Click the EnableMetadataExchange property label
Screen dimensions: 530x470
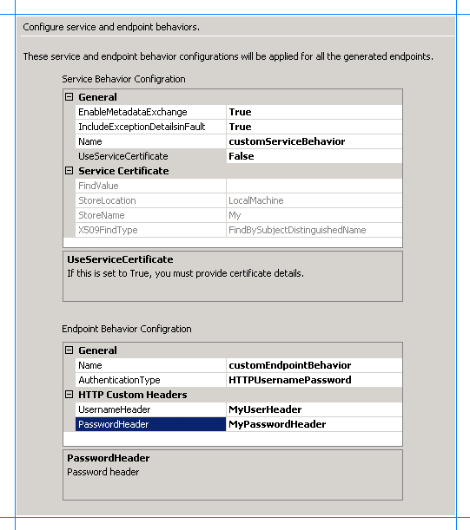[x=132, y=112]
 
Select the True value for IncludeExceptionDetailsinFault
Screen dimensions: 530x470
[x=240, y=127]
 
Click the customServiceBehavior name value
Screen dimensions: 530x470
[x=286, y=141]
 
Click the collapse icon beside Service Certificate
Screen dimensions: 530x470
[x=70, y=171]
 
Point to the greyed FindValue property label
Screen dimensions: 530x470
[x=98, y=186]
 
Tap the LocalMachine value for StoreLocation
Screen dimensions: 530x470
[x=255, y=200]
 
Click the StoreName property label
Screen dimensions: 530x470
[x=101, y=215]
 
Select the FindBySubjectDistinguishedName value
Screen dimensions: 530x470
[x=296, y=230]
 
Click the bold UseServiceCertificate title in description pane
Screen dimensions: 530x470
[x=120, y=259]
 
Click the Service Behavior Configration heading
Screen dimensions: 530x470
[x=123, y=79]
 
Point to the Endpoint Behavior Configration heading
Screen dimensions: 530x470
[x=127, y=329]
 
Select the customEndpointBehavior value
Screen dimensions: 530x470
[x=289, y=365]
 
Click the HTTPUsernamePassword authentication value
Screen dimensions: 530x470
[x=289, y=380]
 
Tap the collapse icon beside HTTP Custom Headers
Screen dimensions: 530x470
[x=70, y=395]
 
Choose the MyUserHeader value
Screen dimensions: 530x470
[x=264, y=409]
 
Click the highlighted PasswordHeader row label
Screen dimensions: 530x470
[x=113, y=424]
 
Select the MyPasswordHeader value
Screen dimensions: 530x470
[x=276, y=424]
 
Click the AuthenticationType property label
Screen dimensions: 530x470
[x=119, y=380]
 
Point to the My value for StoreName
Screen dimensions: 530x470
[x=235, y=215]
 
